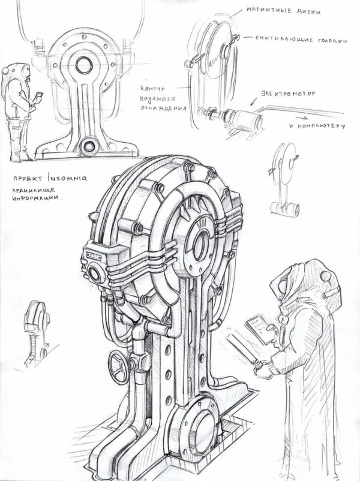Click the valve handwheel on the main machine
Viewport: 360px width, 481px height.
tap(119, 367)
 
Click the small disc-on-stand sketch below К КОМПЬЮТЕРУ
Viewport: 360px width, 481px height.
tap(284, 179)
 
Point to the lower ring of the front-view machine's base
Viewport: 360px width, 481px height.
tap(89, 145)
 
